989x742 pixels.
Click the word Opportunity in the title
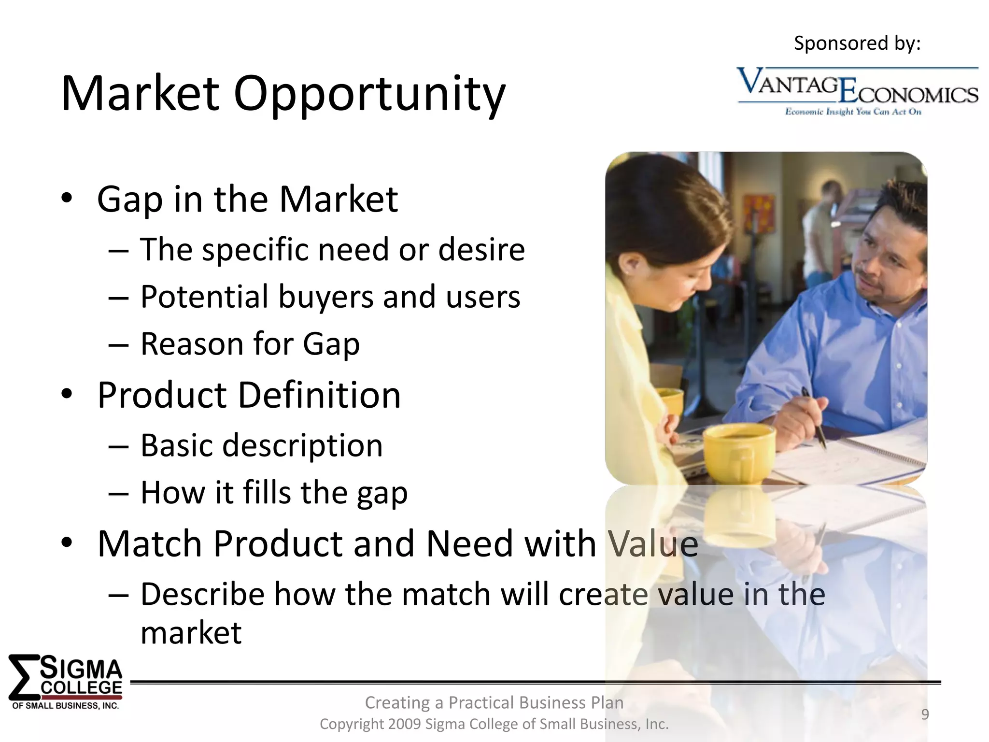pos(369,94)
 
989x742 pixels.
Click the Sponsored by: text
pos(857,43)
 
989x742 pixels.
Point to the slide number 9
pos(925,714)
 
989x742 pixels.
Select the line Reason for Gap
pos(250,344)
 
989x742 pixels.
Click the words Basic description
pos(261,445)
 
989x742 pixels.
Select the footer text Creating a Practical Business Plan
pos(494,702)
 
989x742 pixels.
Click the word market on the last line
pos(191,633)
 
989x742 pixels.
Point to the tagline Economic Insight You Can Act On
pos(853,112)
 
